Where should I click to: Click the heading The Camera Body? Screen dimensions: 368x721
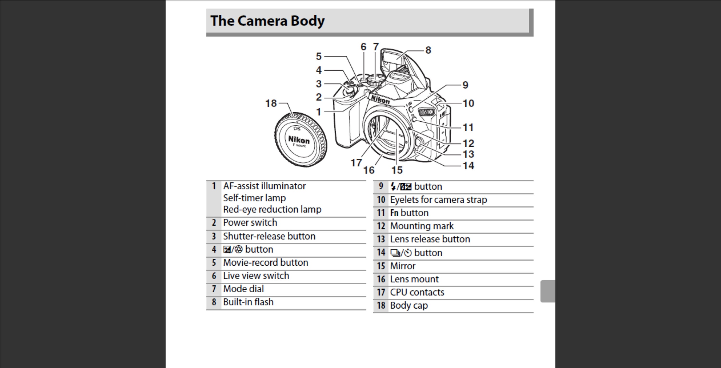pyautogui.click(x=267, y=21)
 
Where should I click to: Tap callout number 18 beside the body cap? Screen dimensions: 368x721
pyautogui.click(x=271, y=103)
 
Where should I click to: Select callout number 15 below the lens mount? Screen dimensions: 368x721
pyautogui.click(x=397, y=170)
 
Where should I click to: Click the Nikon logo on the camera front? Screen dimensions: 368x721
pyautogui.click(x=380, y=100)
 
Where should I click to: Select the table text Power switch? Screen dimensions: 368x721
pyautogui.click(x=250, y=223)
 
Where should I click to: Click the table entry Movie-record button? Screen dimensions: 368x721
pyautogui.click(x=265, y=262)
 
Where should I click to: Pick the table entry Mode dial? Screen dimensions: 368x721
pyautogui.click(x=243, y=289)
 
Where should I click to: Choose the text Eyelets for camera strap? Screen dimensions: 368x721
pyautogui.click(x=438, y=200)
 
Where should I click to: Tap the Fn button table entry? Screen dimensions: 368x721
pyautogui.click(x=409, y=213)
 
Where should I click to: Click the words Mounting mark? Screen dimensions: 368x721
pyautogui.click(x=422, y=226)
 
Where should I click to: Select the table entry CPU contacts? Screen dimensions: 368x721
pyautogui.click(x=417, y=292)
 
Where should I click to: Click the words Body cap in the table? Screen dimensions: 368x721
pyautogui.click(x=409, y=305)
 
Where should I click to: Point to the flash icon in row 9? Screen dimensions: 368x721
pyautogui.click(x=393, y=186)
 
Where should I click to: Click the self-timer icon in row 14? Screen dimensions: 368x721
pyautogui.click(x=408, y=253)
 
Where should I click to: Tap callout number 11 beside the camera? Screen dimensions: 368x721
pyautogui.click(x=468, y=128)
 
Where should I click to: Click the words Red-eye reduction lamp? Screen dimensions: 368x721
pyautogui.click(x=272, y=209)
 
